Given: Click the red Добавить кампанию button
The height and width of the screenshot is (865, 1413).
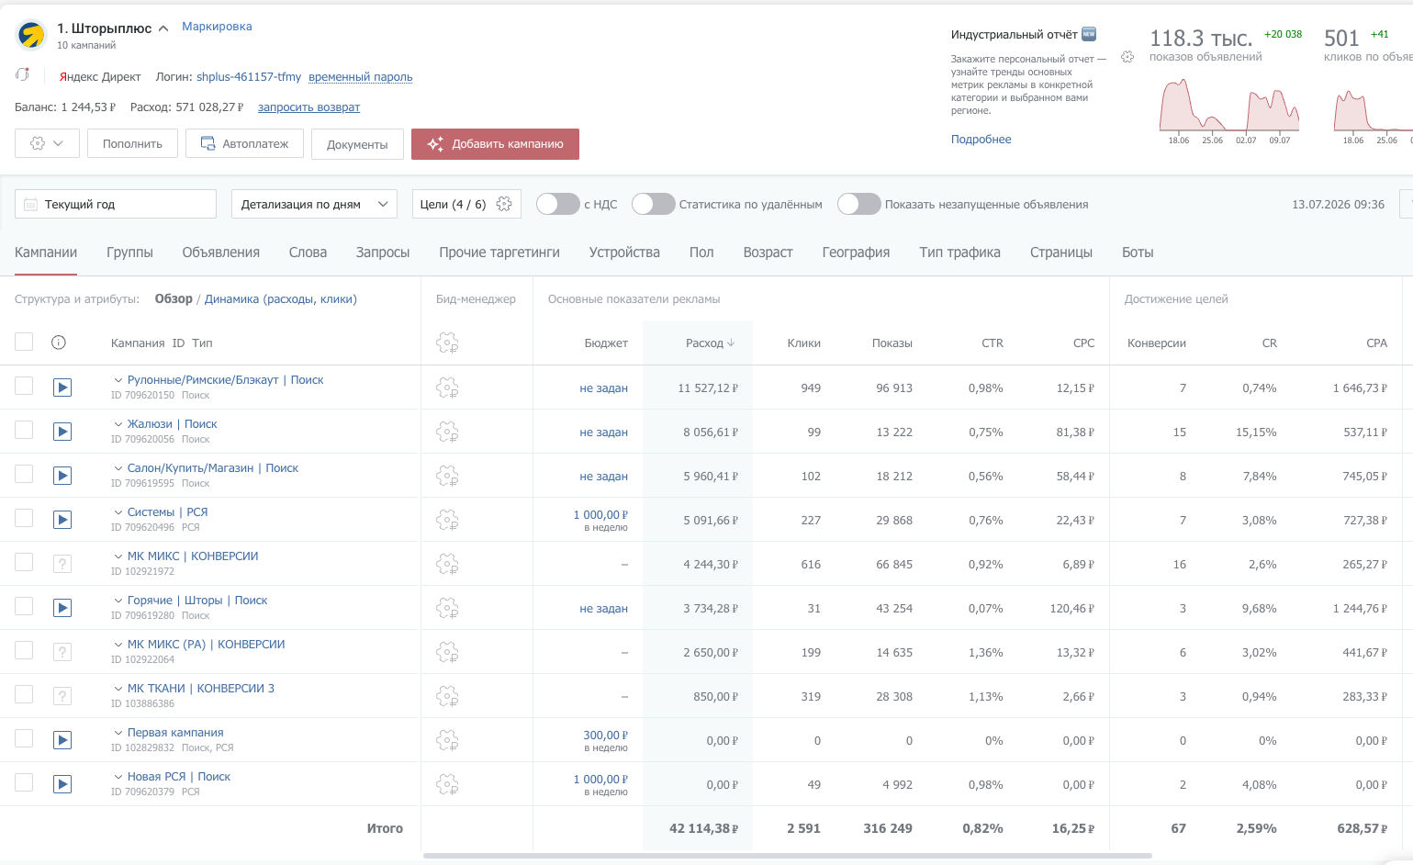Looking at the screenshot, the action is pyautogui.click(x=495, y=144).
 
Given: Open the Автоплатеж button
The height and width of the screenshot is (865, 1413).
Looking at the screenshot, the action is pyautogui.click(x=245, y=144).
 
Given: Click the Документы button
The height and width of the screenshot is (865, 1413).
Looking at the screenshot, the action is pyautogui.click(x=357, y=144).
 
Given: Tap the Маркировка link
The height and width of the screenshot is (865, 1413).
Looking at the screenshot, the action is pyautogui.click(x=217, y=27).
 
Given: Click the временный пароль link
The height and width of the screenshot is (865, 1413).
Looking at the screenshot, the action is pyautogui.click(x=360, y=77).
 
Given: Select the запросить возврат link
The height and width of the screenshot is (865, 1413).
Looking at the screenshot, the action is pyautogui.click(x=309, y=107).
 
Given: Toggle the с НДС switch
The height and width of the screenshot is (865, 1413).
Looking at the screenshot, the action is pyautogui.click(x=557, y=205).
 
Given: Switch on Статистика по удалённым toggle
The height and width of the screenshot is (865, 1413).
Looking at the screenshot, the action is pyautogui.click(x=653, y=205).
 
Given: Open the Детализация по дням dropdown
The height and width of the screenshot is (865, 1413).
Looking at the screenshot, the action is pyautogui.click(x=314, y=205).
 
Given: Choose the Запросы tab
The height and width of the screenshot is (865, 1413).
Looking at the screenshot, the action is pyautogui.click(x=383, y=253).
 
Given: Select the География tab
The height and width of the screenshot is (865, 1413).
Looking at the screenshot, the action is pyautogui.click(x=856, y=253).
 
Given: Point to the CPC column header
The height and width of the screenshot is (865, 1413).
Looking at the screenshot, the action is pyautogui.click(x=1083, y=343).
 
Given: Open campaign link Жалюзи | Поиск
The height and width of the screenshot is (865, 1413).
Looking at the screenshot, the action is pyautogui.click(x=173, y=424).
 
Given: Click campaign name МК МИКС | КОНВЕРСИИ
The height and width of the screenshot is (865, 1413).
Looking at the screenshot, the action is pyautogui.click(x=193, y=556).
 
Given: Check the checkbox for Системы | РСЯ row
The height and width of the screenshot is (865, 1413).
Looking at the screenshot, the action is pyautogui.click(x=24, y=518).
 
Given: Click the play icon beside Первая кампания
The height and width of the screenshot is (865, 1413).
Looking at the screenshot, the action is pyautogui.click(x=62, y=739).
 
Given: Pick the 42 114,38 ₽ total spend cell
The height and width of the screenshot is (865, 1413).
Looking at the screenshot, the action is pyautogui.click(x=703, y=828).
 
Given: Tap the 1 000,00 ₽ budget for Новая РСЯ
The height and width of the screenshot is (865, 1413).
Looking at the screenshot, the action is pyautogui.click(x=600, y=780).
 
